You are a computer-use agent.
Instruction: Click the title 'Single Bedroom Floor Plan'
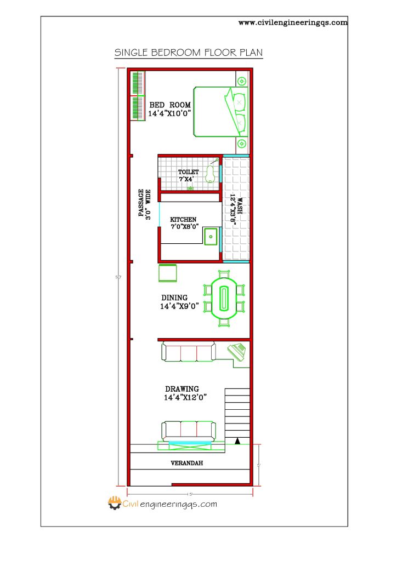[188, 53]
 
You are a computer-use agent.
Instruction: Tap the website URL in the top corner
[293, 22]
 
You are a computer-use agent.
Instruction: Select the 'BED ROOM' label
[170, 105]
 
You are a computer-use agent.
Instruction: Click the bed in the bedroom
[220, 112]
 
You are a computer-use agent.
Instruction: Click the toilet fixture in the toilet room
[209, 174]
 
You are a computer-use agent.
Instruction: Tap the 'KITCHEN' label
[183, 220]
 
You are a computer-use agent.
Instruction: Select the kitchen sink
[211, 237]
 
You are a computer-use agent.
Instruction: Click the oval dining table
[224, 299]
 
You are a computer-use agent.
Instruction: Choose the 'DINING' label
[174, 298]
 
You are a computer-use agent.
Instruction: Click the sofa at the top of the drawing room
[189, 352]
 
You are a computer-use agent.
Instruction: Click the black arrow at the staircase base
[237, 440]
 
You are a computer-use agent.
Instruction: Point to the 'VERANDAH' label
[186, 463]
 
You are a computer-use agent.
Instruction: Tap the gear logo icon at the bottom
[114, 503]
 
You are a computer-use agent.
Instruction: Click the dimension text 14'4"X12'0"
[188, 398]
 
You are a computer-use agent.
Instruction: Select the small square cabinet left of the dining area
[167, 272]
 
